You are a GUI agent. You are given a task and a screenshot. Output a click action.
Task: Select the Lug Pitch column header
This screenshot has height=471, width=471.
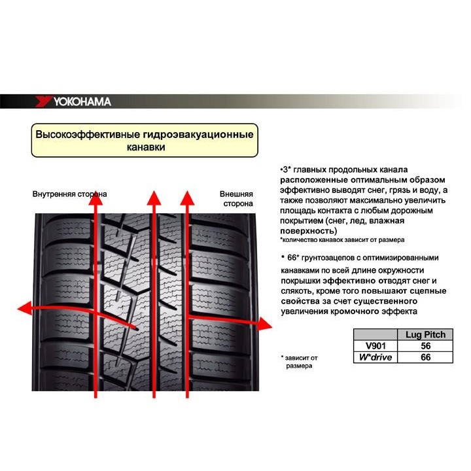(425, 334)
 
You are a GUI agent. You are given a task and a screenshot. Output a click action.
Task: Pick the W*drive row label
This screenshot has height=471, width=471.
(375, 357)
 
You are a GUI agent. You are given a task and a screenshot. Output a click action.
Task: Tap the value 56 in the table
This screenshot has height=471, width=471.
(425, 345)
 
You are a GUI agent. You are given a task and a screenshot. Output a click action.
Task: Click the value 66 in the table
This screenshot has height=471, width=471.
(425, 357)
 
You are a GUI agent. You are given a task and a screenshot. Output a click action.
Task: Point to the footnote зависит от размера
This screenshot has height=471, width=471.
(300, 362)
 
